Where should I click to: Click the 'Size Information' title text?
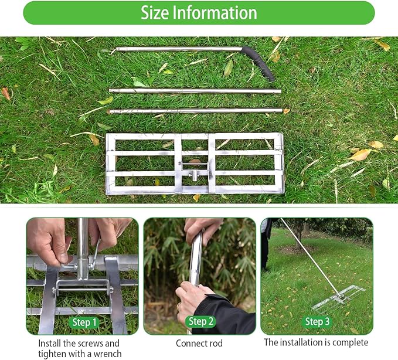pos(199,13)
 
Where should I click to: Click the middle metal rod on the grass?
pos(195,91)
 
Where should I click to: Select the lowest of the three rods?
pos(195,110)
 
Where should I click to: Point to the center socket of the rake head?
pos(192,174)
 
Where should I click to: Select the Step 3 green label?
pos(317,321)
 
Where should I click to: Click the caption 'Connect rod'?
pos(199,343)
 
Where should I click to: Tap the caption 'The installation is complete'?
pos(316,342)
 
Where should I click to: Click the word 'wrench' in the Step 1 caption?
pos(108,354)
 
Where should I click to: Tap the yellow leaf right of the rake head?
pos(360,155)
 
